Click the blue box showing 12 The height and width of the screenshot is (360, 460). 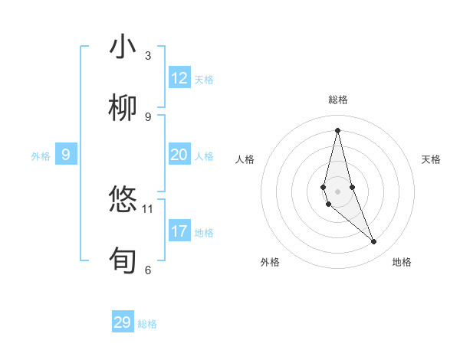pyautogui.click(x=179, y=78)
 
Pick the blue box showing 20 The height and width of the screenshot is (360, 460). pyautogui.click(x=179, y=155)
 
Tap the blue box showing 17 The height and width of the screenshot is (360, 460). pyautogui.click(x=179, y=231)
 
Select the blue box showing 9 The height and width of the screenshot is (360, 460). pyautogui.click(x=66, y=155)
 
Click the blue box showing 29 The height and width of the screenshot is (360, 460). pyautogui.click(x=123, y=322)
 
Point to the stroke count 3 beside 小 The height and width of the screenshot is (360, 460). pyautogui.click(x=148, y=56)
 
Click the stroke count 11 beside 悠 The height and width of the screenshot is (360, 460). pyautogui.click(x=148, y=208)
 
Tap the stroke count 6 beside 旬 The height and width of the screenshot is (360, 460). pyautogui.click(x=148, y=269)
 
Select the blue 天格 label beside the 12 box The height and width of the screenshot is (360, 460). pyautogui.click(x=204, y=80)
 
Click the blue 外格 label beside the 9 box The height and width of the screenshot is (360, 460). pyautogui.click(x=41, y=156)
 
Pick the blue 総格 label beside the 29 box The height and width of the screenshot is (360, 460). pyautogui.click(x=147, y=324)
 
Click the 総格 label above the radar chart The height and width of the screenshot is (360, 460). pyautogui.click(x=338, y=100)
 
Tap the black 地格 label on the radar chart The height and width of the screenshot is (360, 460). pyautogui.click(x=402, y=262)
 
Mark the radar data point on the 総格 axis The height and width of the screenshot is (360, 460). pyautogui.click(x=337, y=129)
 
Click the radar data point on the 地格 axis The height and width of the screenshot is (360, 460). pyautogui.click(x=374, y=242)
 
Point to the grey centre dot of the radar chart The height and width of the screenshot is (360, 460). pyautogui.click(x=337, y=191)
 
